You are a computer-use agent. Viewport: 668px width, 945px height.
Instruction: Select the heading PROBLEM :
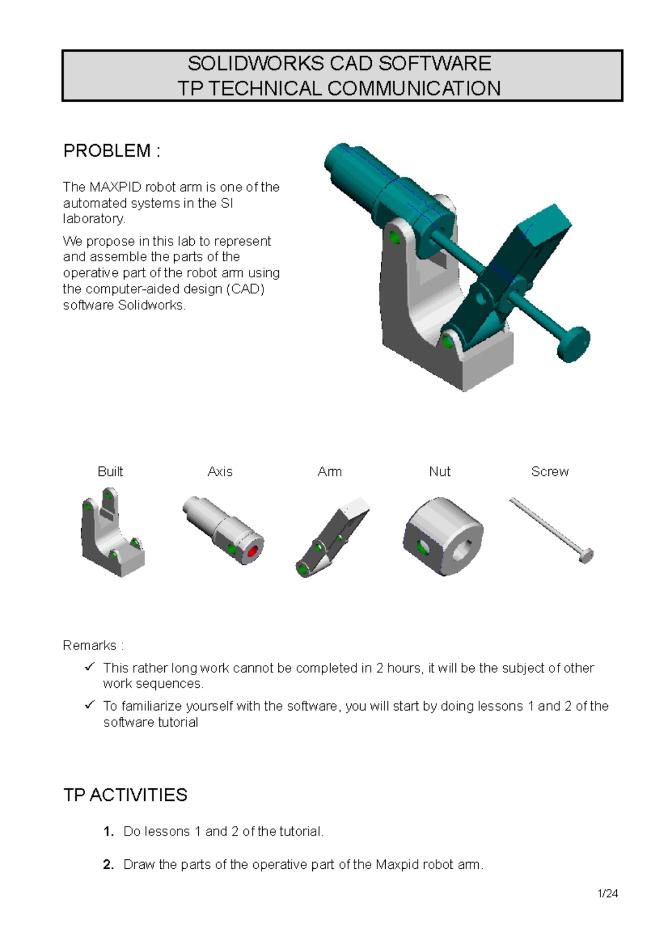(x=112, y=151)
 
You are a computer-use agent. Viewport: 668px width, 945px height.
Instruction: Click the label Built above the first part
(x=110, y=472)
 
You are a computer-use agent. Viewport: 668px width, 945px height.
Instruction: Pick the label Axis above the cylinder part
(x=220, y=472)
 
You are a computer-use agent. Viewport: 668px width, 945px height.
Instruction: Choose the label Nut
(x=440, y=472)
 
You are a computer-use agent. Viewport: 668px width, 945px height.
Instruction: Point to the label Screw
(x=550, y=472)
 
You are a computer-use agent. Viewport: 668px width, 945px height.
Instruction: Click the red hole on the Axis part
(x=253, y=552)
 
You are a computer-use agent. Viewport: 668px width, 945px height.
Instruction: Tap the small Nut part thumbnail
(x=443, y=536)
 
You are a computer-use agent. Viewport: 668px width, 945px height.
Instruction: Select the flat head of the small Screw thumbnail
(x=586, y=556)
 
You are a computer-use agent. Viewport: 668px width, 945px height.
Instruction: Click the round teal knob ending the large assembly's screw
(x=574, y=343)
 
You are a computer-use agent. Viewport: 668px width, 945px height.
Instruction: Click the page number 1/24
(x=608, y=894)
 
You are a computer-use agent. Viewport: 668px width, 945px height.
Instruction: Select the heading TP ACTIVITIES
(x=125, y=795)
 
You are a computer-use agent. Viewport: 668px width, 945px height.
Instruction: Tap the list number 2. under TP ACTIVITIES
(x=109, y=865)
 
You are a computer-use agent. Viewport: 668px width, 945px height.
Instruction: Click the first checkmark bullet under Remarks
(x=90, y=667)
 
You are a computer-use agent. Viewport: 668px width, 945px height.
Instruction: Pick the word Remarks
(x=90, y=646)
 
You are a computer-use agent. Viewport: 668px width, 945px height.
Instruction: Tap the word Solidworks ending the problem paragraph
(x=151, y=306)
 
